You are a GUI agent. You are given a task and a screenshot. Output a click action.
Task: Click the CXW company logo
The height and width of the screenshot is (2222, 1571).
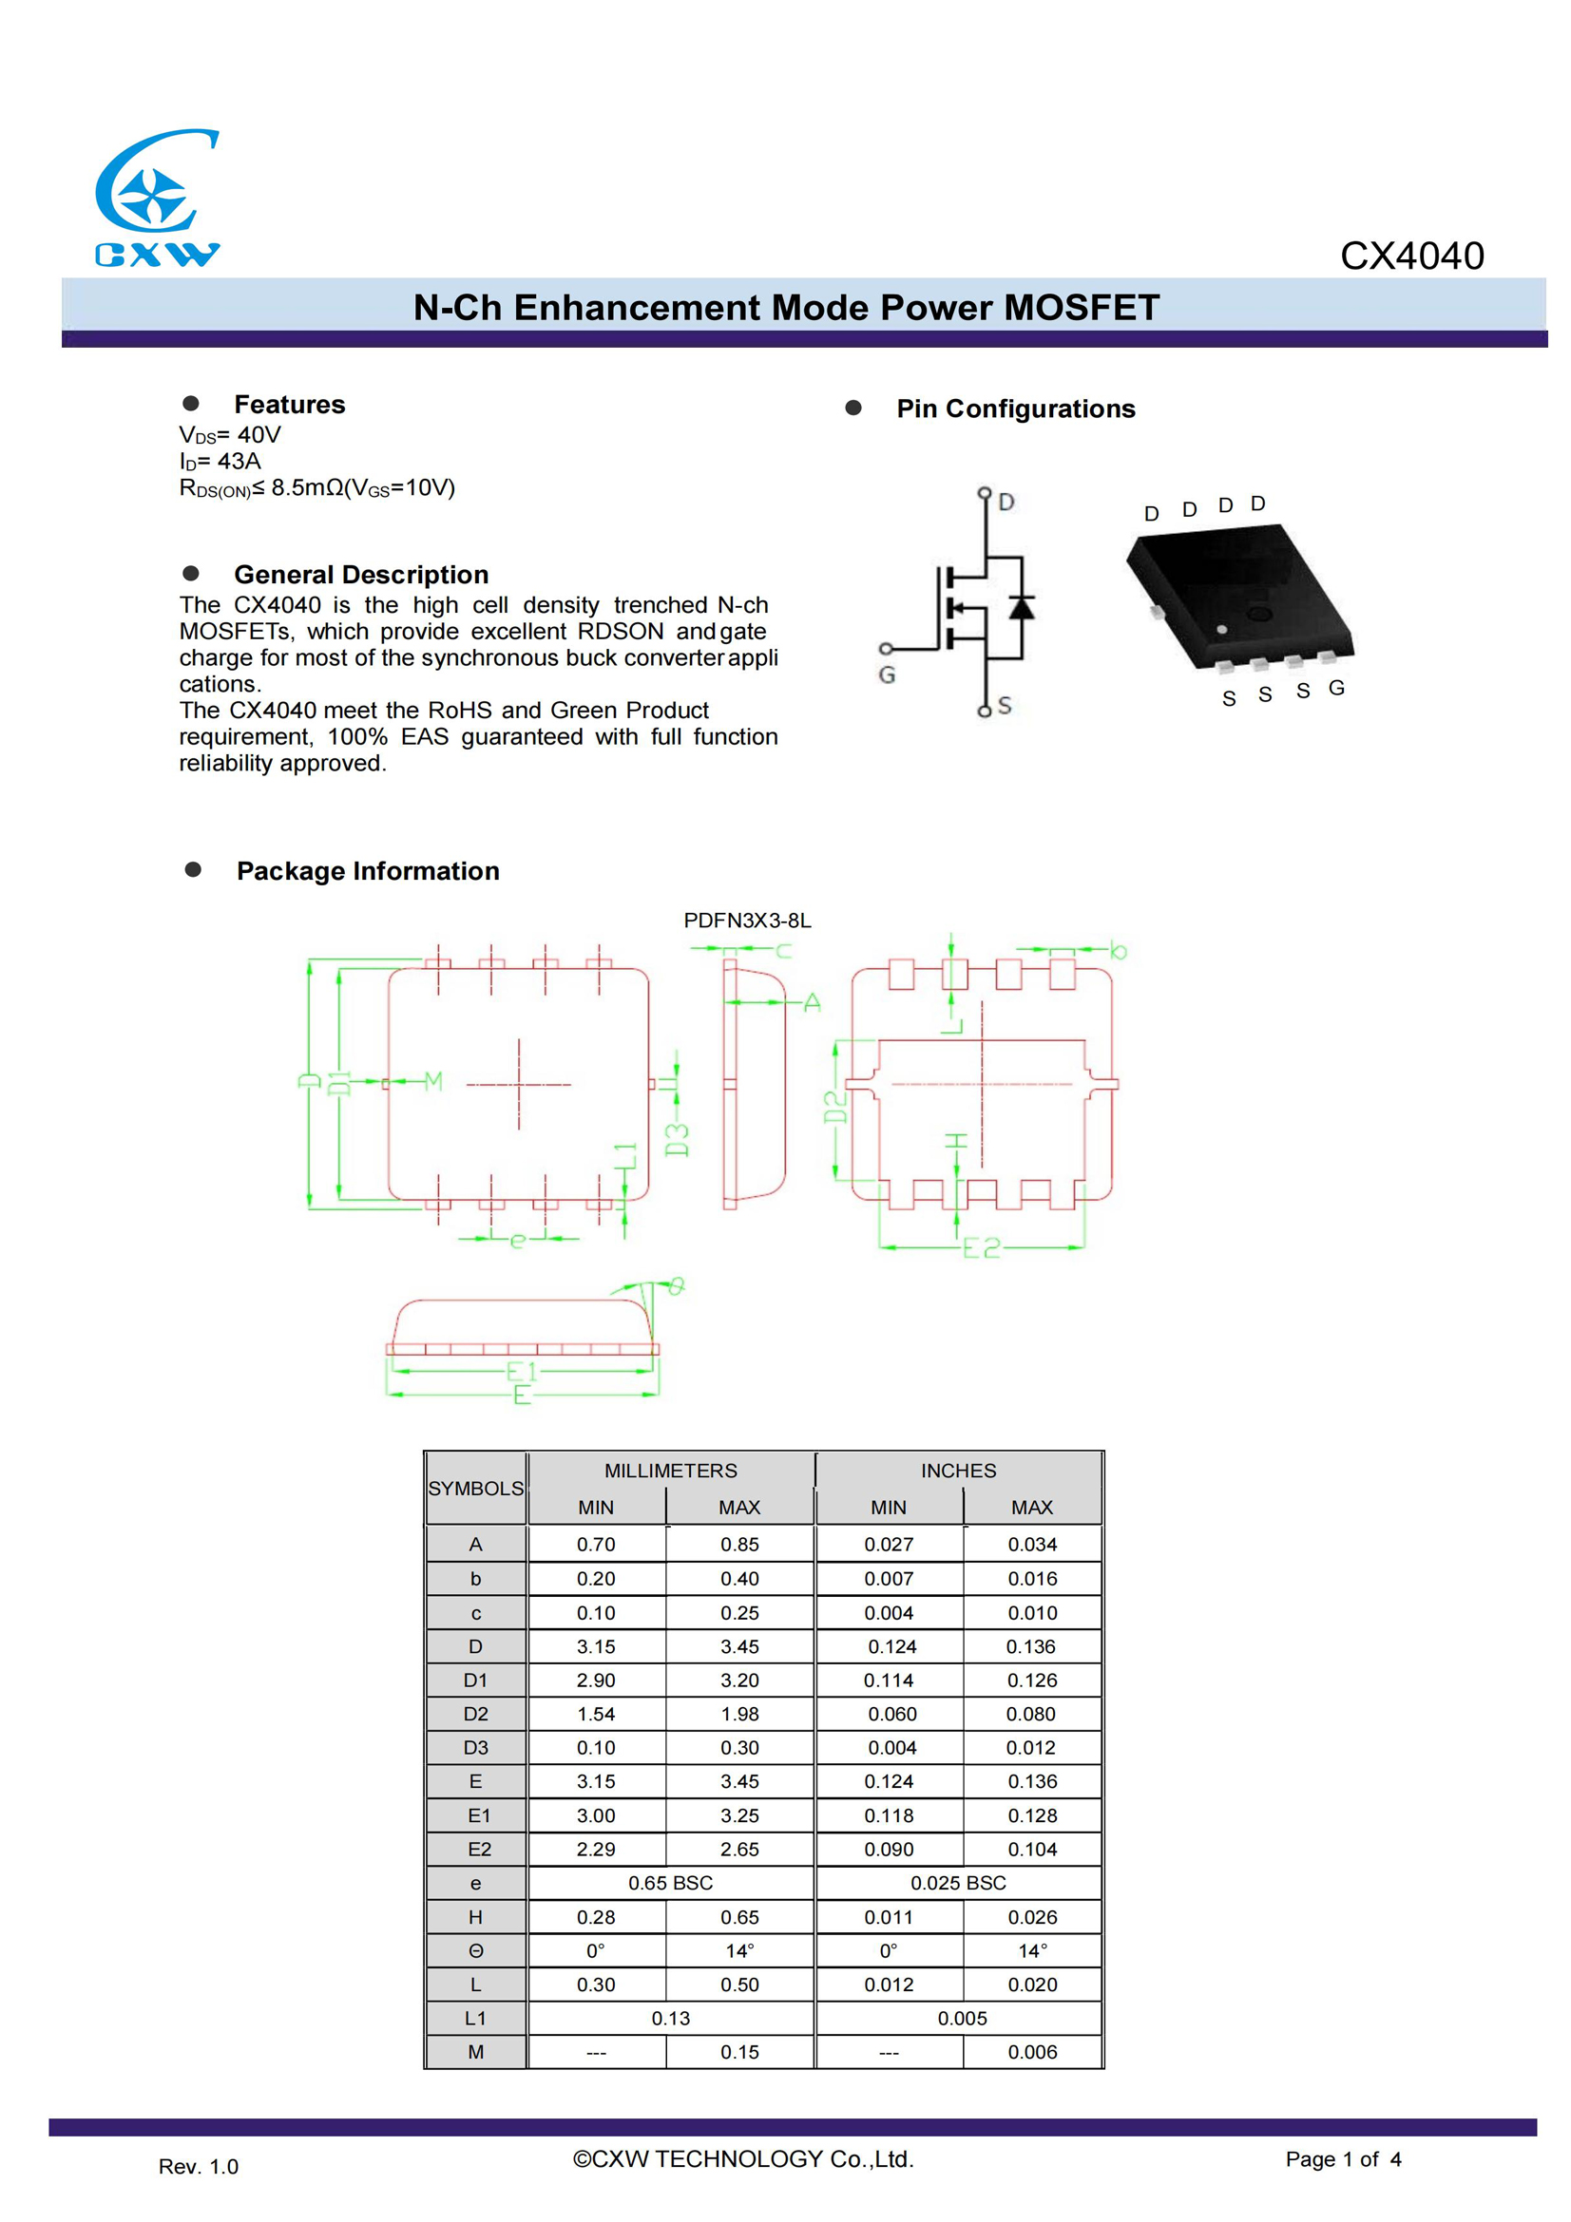pos(157,198)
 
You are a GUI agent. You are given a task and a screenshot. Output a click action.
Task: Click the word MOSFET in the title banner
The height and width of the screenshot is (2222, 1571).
pos(1081,308)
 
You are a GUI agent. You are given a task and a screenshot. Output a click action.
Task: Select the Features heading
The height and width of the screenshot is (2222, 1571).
pos(290,405)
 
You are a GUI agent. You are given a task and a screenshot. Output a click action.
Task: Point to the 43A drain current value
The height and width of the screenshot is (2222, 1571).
pos(239,462)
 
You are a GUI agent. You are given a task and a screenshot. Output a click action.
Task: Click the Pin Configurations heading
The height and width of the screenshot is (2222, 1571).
pos(1014,409)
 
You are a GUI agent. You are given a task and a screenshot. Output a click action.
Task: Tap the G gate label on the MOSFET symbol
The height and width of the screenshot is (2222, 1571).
pos(887,675)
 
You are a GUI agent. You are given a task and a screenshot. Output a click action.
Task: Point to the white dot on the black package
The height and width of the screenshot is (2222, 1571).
pos(1221,630)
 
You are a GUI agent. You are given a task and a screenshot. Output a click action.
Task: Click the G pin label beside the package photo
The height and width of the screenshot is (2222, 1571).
pos(1336,688)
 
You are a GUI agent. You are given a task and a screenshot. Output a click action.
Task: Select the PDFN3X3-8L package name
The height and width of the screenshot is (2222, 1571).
pos(747,921)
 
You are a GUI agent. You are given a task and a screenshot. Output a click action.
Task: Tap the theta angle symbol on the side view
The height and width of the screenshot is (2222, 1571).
pos(677,1286)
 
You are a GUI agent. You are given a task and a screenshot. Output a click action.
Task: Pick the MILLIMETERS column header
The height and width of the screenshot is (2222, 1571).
pos(670,1471)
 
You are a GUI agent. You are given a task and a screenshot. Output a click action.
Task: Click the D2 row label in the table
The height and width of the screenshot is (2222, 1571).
pos(475,1714)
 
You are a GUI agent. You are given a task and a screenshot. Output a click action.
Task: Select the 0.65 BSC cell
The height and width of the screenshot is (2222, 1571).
pos(670,1883)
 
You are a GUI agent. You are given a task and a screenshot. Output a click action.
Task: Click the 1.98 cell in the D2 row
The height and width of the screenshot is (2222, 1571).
pos(739,1714)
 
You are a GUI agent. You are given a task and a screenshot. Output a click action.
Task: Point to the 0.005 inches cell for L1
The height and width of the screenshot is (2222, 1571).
pos(961,2019)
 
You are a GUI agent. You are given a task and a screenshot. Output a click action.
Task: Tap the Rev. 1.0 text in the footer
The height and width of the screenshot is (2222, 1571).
pos(199,2167)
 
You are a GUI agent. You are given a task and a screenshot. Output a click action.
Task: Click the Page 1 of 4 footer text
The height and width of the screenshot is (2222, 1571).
pos(1343,2159)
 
